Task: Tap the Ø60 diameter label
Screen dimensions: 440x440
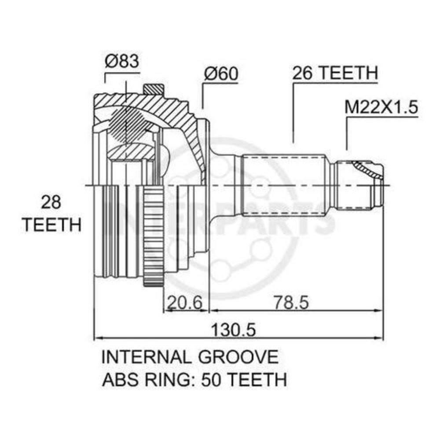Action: point(221,73)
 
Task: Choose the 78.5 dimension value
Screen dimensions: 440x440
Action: point(292,303)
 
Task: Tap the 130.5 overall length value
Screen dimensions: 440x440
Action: point(234,330)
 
